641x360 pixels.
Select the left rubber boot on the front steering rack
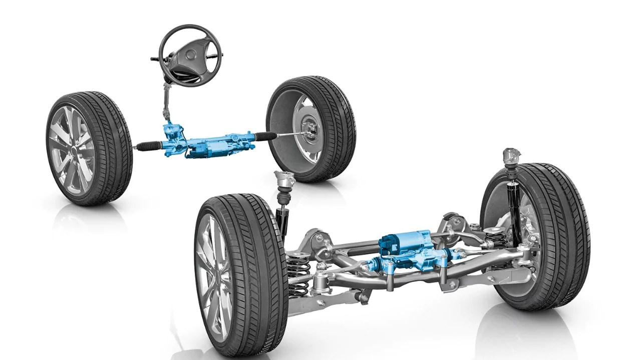[x=149, y=145]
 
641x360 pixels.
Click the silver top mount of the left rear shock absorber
[x=283, y=180]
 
